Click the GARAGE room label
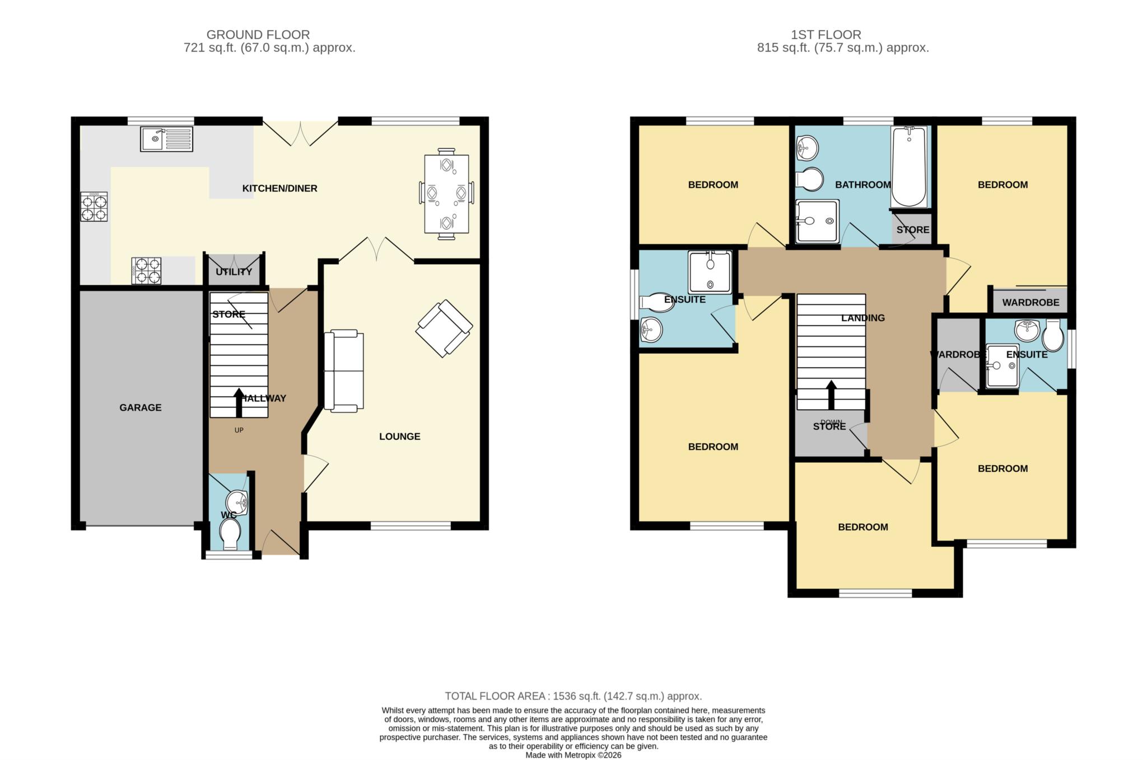141,408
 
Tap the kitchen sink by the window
166,139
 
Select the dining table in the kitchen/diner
446,194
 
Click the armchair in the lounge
444,329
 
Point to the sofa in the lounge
344,372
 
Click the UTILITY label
234,272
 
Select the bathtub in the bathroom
908,167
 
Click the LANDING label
863,318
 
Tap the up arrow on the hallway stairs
239,402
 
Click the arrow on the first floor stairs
831,395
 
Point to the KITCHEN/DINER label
280,189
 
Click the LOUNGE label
400,437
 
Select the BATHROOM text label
863,185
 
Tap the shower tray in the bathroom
817,222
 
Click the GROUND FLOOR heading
258,35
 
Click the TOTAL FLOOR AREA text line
573,696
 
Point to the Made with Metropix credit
573,756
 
